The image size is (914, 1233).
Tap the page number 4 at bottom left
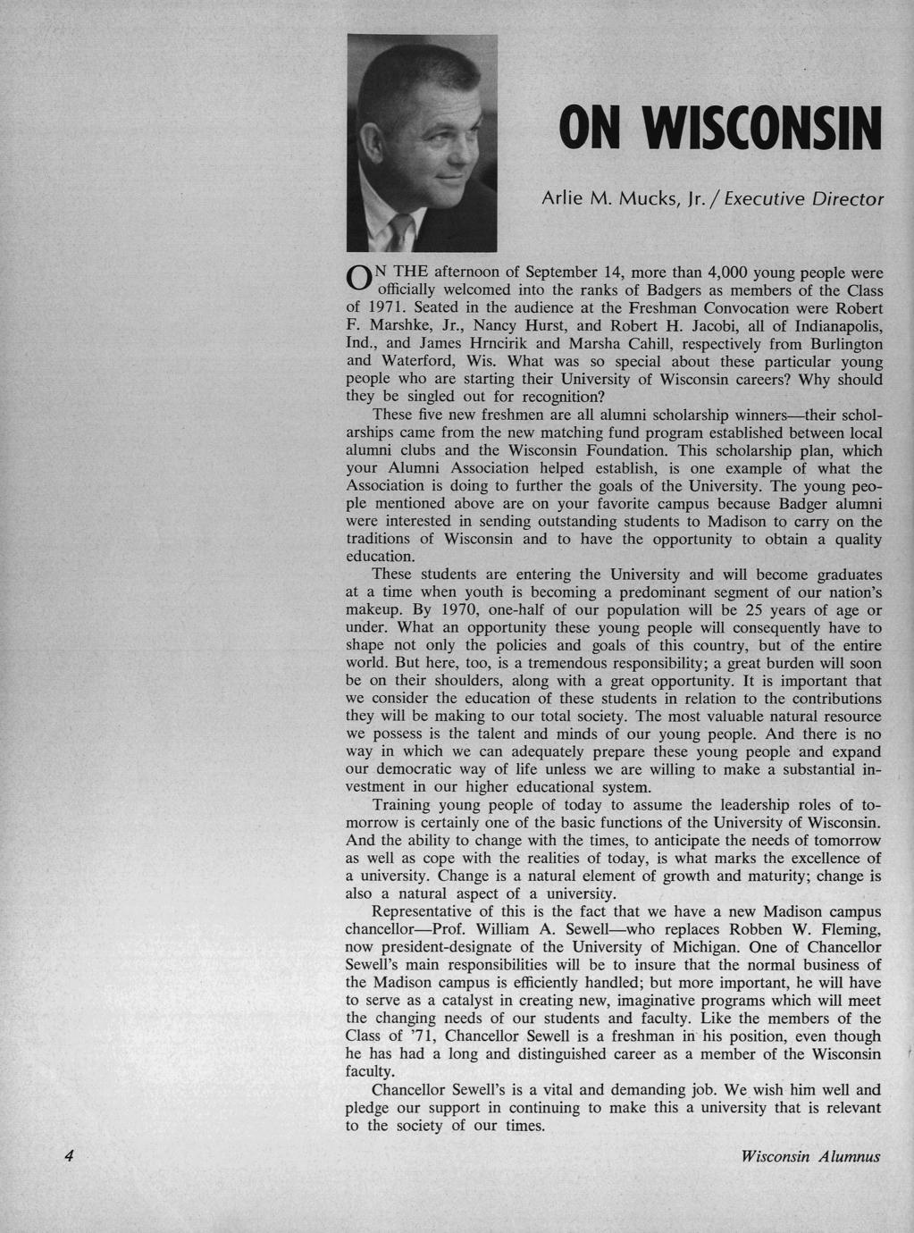pos(68,1155)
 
